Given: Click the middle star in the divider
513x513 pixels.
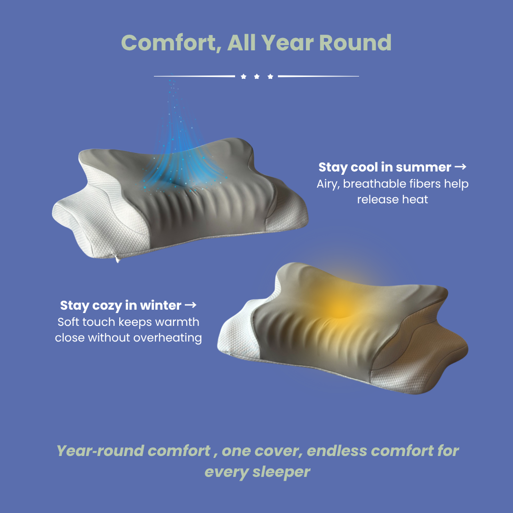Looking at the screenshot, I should click(256, 76).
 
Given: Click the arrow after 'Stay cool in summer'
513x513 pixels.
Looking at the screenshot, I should click(461, 167).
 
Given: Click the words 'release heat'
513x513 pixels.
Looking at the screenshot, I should click(392, 199).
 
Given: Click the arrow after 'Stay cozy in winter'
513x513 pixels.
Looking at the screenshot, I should click(190, 305).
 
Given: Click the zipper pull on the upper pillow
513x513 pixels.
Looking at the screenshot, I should click(117, 258).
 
